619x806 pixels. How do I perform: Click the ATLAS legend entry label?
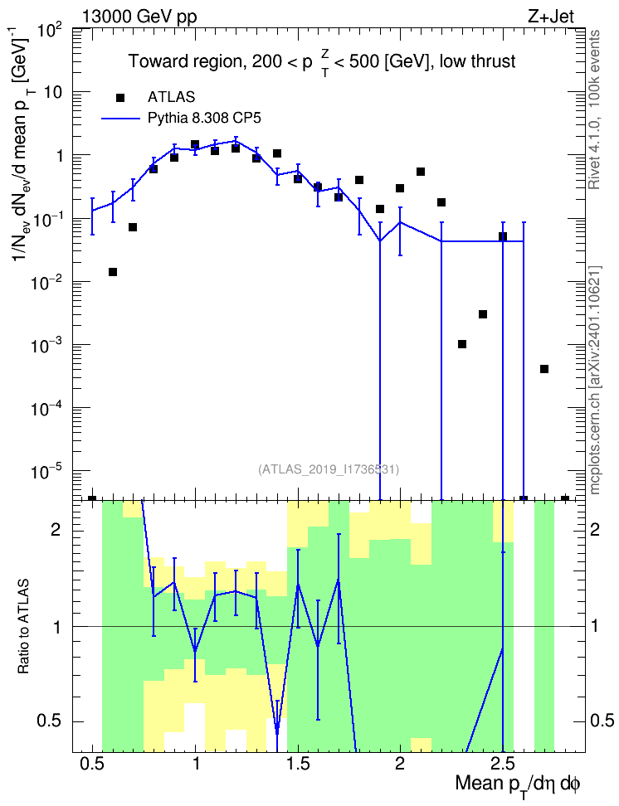(x=171, y=97)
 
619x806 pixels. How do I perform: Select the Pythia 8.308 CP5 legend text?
(x=204, y=119)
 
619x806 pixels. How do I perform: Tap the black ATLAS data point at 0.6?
(x=113, y=272)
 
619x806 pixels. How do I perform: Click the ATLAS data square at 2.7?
(x=543, y=369)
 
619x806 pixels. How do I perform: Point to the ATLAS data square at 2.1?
(x=421, y=172)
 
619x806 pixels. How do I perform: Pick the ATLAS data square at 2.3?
(x=462, y=344)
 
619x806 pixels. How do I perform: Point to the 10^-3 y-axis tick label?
(x=50, y=344)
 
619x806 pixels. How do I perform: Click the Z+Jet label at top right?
(x=550, y=17)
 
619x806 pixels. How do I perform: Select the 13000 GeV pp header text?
(x=139, y=17)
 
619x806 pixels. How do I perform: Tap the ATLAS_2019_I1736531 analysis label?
(x=328, y=469)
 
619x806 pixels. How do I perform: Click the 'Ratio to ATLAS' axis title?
(x=24, y=627)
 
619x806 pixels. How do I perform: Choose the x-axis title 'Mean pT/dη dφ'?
(x=518, y=785)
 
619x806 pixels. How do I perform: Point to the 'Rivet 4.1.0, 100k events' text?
(x=594, y=109)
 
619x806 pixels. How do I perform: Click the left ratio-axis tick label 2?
(x=56, y=530)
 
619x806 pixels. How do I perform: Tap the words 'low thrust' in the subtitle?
(x=477, y=61)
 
